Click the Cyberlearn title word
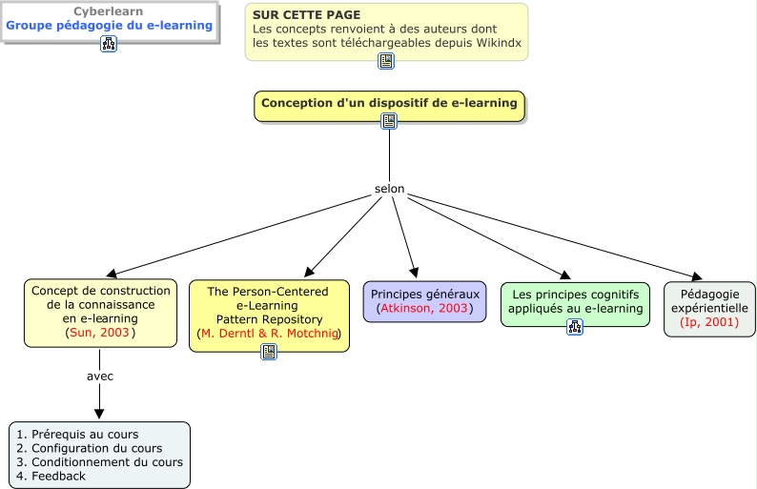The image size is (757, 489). [x=108, y=11]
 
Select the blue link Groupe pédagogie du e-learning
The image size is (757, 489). [x=109, y=25]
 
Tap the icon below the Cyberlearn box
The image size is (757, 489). [x=109, y=44]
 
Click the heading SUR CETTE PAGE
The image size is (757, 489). [x=307, y=15]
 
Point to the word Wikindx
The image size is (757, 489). [x=499, y=43]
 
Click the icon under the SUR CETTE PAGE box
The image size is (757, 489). [x=386, y=61]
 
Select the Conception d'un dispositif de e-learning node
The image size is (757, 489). [x=389, y=106]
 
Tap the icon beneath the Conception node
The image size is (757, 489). [x=389, y=121]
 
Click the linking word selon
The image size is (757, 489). [x=390, y=189]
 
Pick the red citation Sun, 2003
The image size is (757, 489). [x=99, y=332]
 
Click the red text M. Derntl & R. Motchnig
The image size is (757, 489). [x=270, y=333]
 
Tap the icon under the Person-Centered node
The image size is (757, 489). [x=269, y=352]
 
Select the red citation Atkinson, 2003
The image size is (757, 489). [x=424, y=308]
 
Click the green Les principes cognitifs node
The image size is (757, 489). [x=576, y=305]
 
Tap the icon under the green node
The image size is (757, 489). [x=575, y=327]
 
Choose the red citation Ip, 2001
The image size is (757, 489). [x=709, y=322]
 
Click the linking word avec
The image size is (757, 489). [x=100, y=376]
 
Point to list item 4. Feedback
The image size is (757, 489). [x=51, y=476]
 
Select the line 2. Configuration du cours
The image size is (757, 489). [x=90, y=448]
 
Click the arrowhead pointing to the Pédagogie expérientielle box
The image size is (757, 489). [x=697, y=277]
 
